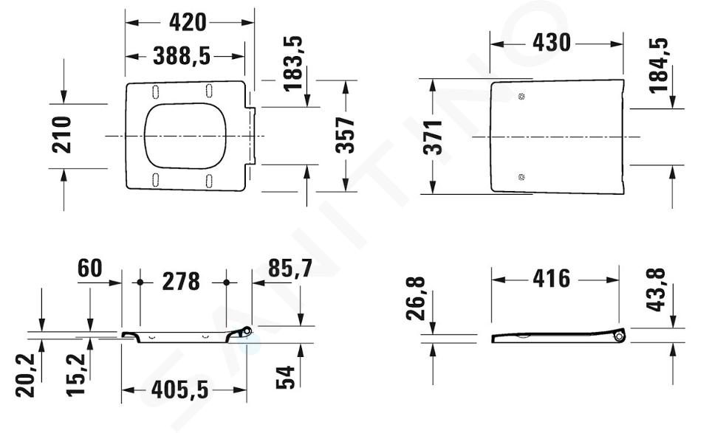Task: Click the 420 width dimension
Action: (x=188, y=22)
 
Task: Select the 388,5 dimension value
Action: (x=182, y=57)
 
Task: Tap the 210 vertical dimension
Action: (x=61, y=134)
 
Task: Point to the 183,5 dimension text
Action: (x=292, y=63)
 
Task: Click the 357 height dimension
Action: (x=346, y=135)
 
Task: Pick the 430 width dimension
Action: (x=552, y=43)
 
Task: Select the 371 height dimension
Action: (x=433, y=137)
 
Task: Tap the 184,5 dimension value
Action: (x=658, y=66)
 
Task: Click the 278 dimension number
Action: (x=181, y=282)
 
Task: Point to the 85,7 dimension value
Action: (x=290, y=269)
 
